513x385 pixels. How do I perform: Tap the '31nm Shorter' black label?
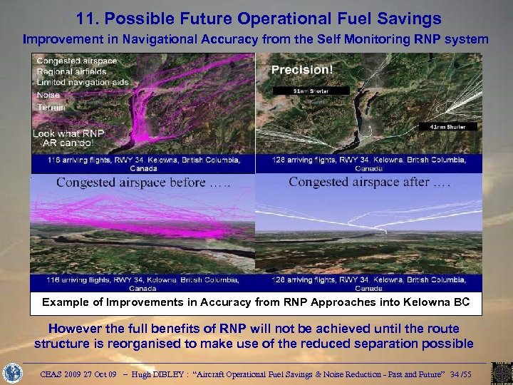309,91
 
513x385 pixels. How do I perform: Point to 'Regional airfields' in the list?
71,72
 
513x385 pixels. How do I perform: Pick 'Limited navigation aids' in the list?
82,83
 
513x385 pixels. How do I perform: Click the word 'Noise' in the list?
48,95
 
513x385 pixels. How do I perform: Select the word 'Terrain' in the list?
51,107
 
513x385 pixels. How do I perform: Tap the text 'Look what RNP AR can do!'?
70,138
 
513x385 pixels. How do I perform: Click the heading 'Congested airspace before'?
142,182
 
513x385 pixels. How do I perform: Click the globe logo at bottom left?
14,372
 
